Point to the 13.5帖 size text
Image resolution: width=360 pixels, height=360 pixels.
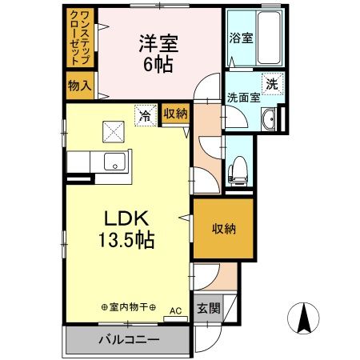(127, 239)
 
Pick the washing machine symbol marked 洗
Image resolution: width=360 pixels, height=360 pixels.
(271, 84)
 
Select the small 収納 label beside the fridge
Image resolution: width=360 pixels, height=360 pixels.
(176, 114)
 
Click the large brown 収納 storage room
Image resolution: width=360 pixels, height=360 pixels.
(224, 230)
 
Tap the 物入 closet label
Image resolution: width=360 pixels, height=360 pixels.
(79, 84)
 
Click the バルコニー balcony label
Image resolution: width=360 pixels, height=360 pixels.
(129, 339)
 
